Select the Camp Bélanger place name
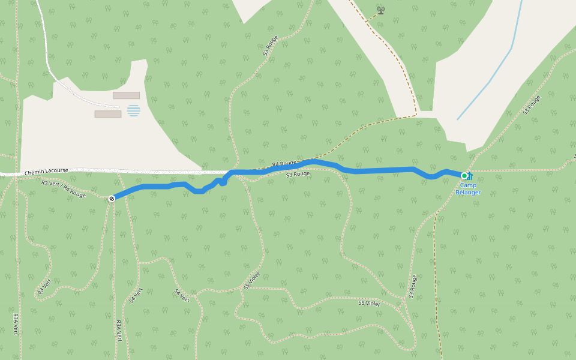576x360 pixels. [468, 189]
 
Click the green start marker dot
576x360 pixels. [464, 176]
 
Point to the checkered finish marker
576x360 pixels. [112, 199]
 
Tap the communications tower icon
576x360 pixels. [380, 10]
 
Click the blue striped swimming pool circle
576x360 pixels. [133, 110]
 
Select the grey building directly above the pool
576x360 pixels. [127, 95]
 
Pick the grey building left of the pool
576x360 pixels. [108, 114]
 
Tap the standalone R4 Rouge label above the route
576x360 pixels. [284, 163]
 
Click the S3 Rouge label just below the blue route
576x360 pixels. [298, 175]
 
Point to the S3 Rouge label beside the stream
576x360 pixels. [531, 105]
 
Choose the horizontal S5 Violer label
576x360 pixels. [369, 303]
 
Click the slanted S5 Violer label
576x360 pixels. [252, 280]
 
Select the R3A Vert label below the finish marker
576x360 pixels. [118, 331]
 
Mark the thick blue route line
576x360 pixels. [384, 171]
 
